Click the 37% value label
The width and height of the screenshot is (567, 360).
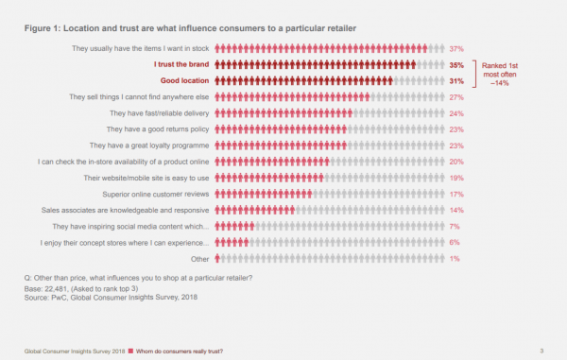456,48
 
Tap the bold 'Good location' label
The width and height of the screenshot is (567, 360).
183,80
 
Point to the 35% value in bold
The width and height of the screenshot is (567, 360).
456,64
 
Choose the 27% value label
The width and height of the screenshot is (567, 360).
456,96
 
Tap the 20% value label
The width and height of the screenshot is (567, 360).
456,162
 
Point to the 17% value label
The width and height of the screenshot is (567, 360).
456,194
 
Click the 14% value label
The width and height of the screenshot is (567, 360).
456,210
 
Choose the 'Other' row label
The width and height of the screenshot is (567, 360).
200,258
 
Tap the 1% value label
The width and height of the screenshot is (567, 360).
455,258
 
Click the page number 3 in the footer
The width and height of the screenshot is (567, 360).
541,351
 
